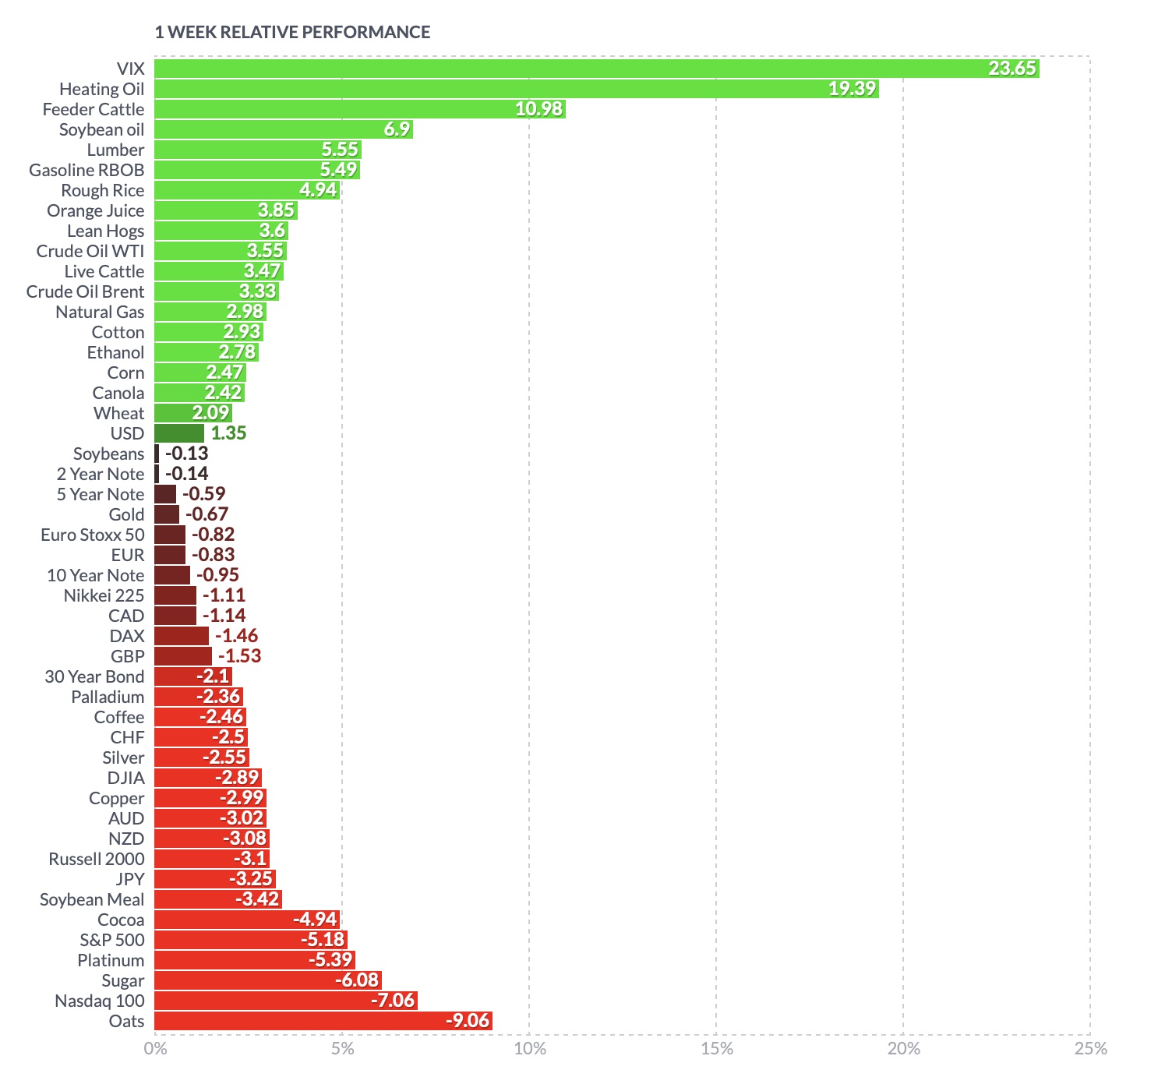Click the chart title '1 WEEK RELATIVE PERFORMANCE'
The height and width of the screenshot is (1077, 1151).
[x=292, y=32]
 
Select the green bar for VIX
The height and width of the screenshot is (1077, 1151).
[x=596, y=69]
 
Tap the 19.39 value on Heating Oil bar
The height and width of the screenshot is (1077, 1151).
[x=852, y=89]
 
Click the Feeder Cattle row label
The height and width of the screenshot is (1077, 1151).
[x=94, y=109]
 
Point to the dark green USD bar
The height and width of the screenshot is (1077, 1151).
[x=179, y=433]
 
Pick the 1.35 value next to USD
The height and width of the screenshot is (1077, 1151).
[x=228, y=433]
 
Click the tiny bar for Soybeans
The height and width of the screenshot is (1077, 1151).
[x=157, y=454]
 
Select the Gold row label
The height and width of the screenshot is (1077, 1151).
[x=126, y=514]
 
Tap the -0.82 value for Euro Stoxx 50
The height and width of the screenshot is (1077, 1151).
[x=213, y=535]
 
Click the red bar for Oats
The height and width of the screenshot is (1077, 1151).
[x=323, y=1021]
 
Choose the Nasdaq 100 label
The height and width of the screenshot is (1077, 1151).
[x=100, y=1001]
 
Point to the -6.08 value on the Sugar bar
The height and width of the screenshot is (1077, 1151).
[x=358, y=980]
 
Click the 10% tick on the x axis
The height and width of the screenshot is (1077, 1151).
[x=530, y=1049]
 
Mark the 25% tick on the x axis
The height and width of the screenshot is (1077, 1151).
[x=1090, y=1049]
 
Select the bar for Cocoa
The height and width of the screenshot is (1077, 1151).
[x=247, y=920]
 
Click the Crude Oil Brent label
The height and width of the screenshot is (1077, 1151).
[x=85, y=291]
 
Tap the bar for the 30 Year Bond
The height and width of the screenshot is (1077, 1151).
[x=192, y=676]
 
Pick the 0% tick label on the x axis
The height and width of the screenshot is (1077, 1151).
[x=156, y=1049]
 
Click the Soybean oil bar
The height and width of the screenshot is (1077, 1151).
[x=283, y=129]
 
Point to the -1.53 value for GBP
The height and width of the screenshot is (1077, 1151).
[x=239, y=656]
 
